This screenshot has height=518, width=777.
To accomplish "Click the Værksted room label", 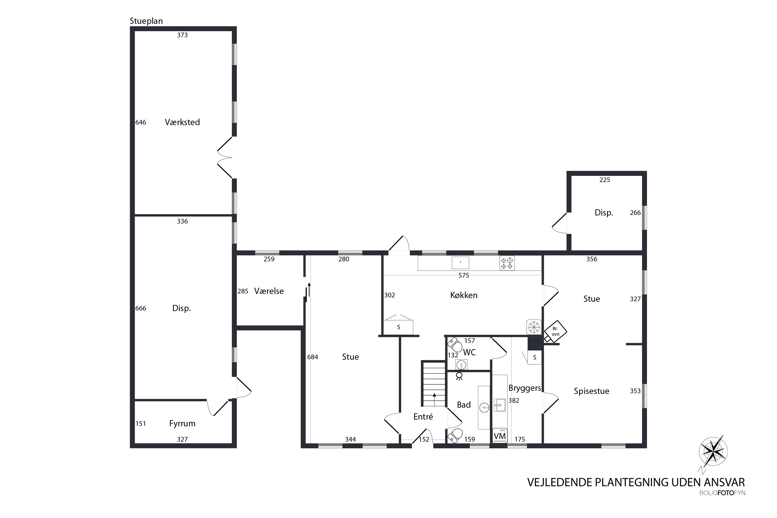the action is coord(182,122).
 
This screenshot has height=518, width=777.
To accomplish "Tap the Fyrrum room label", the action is coord(182,423).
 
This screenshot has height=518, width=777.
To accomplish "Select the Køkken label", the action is coord(464,295).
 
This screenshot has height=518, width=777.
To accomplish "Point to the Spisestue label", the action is coord(591,391).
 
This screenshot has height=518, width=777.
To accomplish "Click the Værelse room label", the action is coord(269,291).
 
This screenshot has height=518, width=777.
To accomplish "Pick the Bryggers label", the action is coord(525,388).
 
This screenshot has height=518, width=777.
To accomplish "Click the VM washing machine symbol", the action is coord(500,435).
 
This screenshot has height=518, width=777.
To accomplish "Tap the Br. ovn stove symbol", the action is coord(555,331).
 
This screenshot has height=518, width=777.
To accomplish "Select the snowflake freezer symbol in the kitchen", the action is coord(534,327).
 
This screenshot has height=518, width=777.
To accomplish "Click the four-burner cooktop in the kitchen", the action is coord(507,263).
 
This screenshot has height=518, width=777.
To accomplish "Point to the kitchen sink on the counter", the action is coord(461,262).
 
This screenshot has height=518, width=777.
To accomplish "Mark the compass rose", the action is coord(713,451).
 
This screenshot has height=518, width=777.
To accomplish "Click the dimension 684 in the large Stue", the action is coord(313,357).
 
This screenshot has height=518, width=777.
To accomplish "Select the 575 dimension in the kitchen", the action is coord(464,276).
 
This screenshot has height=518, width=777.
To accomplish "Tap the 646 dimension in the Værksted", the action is coord(141,123).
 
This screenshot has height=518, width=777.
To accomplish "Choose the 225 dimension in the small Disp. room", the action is coord(605,180).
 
